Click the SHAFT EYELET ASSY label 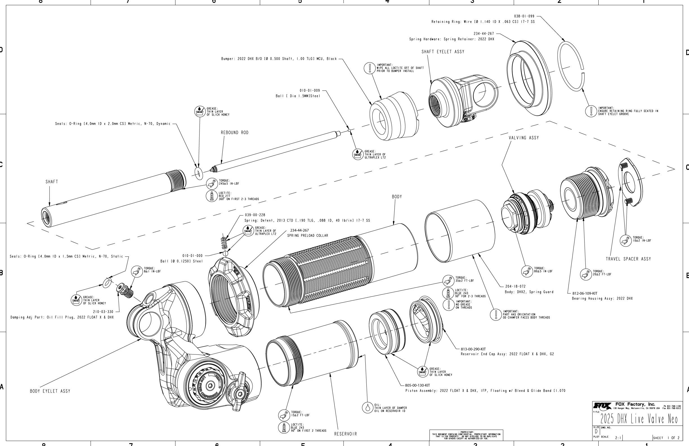point(443,52)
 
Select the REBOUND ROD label point(234,133)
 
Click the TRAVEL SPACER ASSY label point(628,259)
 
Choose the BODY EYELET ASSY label point(50,391)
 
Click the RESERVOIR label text point(345,434)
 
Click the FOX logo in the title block point(602,405)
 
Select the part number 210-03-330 point(103,312)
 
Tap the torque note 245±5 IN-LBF point(229,183)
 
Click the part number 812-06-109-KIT point(585,293)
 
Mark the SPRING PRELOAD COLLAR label point(307,235)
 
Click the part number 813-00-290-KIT point(473,349)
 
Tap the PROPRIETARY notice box point(466,434)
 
